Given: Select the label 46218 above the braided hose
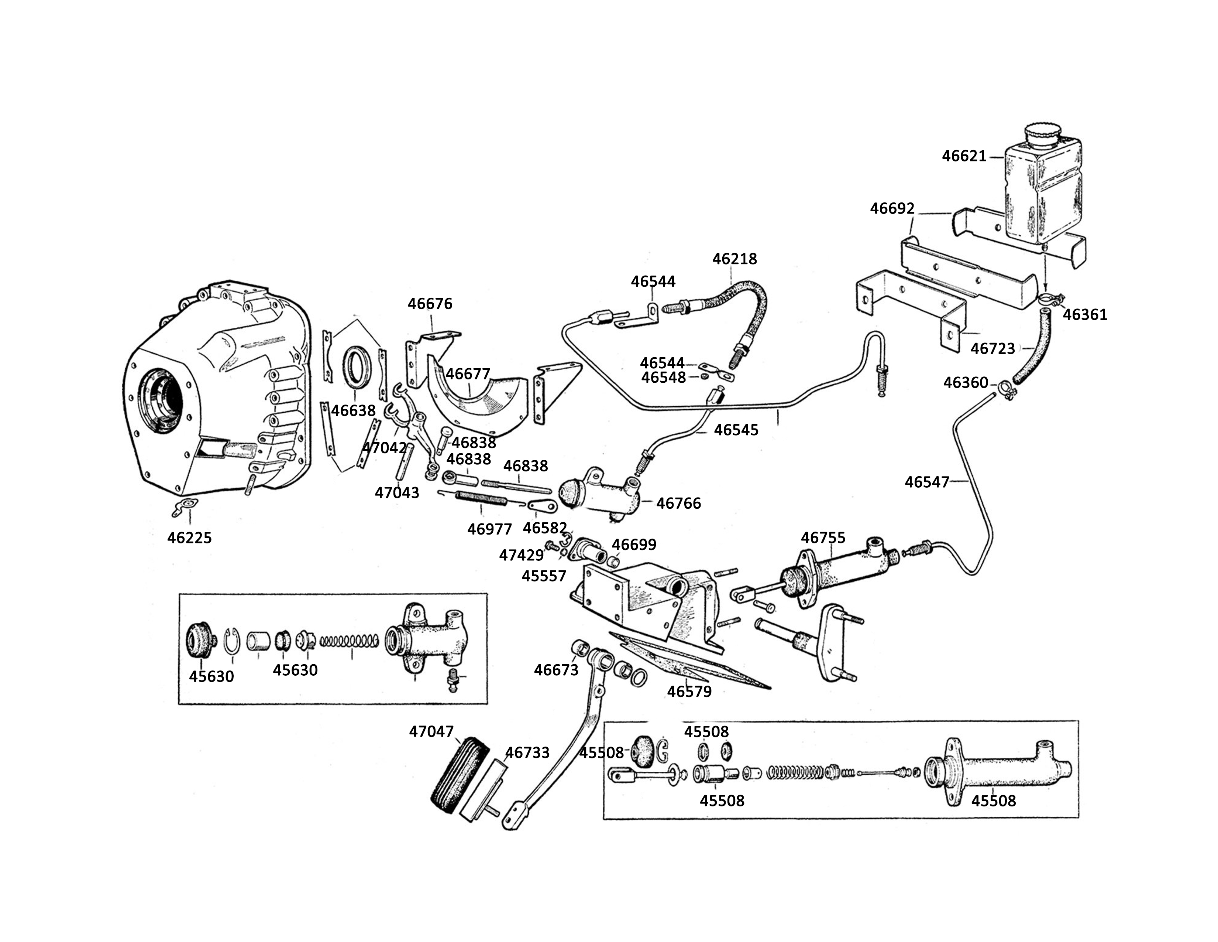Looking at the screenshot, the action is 735,259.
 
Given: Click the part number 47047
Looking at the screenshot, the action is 432,731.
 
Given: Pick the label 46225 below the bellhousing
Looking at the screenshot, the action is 190,537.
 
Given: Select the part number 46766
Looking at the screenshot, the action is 679,504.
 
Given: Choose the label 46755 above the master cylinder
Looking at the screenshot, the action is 823,537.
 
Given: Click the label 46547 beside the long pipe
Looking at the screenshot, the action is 927,482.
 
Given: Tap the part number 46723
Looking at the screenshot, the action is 993,349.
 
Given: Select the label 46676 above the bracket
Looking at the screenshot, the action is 430,304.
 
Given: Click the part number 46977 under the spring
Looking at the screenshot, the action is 490,529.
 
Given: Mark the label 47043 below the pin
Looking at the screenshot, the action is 397,493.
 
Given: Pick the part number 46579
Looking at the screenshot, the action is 690,692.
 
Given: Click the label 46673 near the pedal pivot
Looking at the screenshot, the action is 557,670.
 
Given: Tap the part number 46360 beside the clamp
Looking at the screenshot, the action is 966,383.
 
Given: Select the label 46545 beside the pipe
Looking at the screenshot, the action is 737,430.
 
